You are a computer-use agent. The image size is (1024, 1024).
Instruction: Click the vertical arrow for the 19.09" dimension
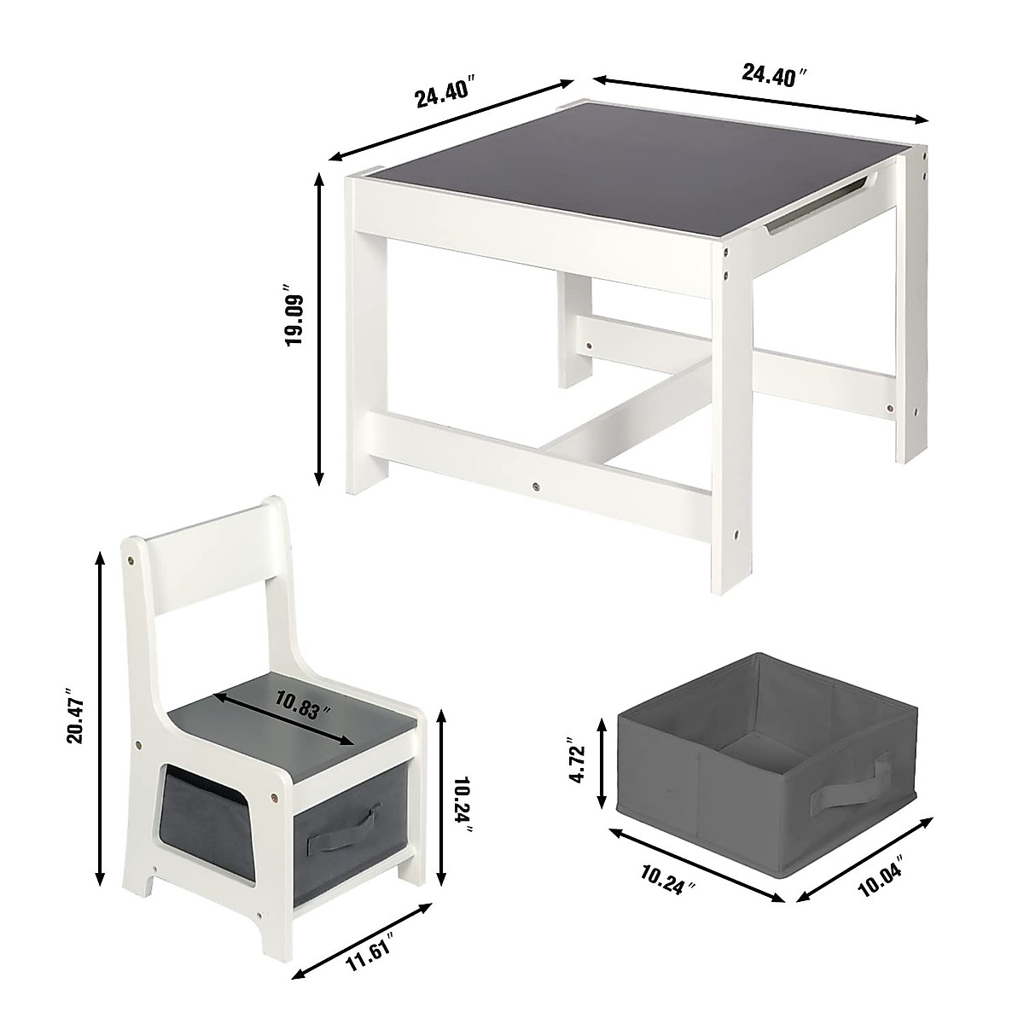[x=321, y=329]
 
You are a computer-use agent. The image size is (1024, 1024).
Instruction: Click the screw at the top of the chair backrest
[x=131, y=561]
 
